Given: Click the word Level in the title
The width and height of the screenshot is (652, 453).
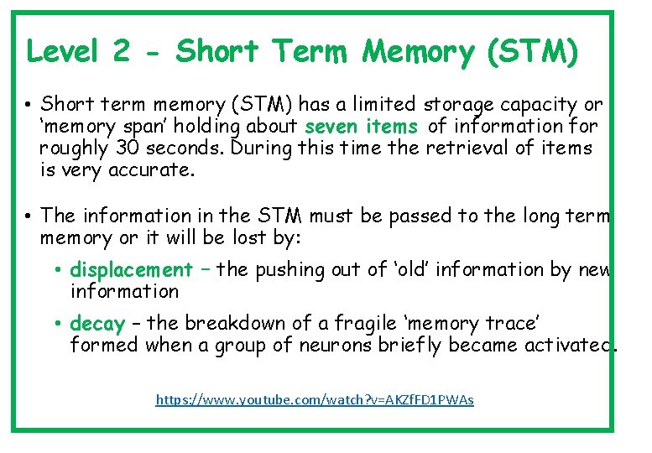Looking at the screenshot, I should [x=63, y=52].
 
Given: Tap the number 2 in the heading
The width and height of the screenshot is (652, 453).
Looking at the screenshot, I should [x=121, y=52].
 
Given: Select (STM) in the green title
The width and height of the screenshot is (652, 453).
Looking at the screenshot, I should [x=532, y=52].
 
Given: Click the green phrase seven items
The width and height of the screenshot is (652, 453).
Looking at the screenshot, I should [x=362, y=127].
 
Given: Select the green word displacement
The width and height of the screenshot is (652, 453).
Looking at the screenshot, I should [x=131, y=270].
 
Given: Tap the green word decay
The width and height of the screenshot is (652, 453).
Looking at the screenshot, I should [x=97, y=324].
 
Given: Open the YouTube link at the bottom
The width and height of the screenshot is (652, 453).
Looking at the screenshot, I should [x=315, y=400].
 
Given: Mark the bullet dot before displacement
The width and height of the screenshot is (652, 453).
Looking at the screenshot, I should [x=60, y=271].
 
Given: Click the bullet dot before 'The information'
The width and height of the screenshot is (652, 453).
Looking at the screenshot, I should [x=29, y=217].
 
